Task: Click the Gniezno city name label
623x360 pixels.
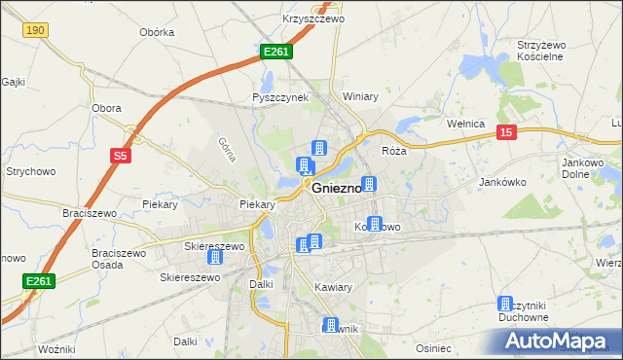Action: click(337, 189)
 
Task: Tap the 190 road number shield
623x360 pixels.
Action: click(35, 31)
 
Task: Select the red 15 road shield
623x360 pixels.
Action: click(505, 132)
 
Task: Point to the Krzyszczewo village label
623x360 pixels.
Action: click(286, 18)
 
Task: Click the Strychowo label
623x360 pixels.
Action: click(29, 171)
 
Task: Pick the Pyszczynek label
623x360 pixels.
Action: click(280, 97)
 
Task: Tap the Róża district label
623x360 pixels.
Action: click(393, 151)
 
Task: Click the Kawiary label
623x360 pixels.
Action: click(334, 287)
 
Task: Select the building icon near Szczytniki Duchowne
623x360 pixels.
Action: click(505, 304)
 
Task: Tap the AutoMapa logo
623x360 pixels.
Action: click(555, 340)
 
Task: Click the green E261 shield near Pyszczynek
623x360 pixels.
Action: click(275, 51)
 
